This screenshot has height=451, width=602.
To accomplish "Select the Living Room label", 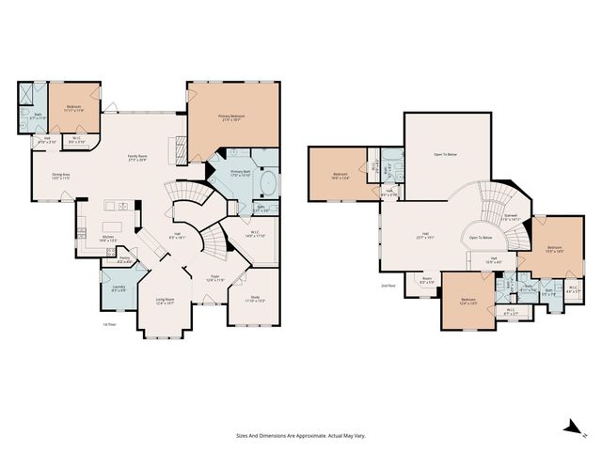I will (165, 301).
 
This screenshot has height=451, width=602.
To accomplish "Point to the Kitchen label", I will (108, 238).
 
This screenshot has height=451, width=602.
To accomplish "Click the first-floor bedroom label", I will (74, 107).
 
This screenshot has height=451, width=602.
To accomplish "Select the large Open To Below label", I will (446, 153).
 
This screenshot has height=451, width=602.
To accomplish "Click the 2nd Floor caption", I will (386, 285).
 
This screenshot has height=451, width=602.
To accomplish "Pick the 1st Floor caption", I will (109, 323).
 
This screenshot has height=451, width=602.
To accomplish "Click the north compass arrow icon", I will (570, 428).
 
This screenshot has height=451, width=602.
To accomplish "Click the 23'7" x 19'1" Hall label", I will (425, 235).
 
